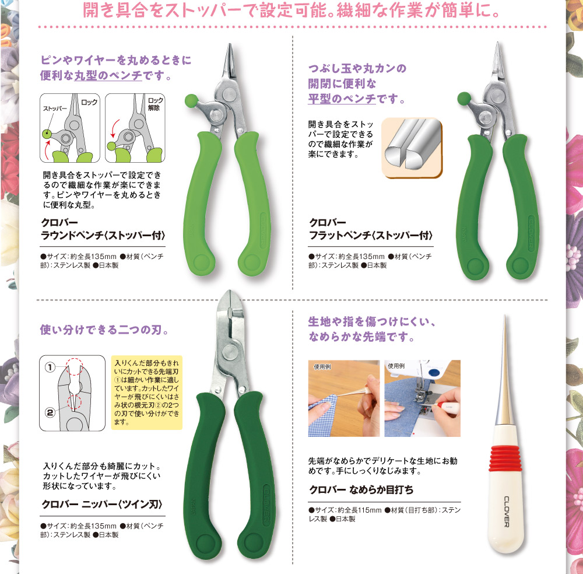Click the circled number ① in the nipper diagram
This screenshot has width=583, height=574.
coord(51,367)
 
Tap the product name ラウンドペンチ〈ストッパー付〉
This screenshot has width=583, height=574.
coord(104,236)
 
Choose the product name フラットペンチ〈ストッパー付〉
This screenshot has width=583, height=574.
coord(371,236)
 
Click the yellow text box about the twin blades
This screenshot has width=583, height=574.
coord(146,392)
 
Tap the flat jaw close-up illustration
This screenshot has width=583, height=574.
coord(412,147)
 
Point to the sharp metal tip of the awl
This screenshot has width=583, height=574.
coord(505,327)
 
